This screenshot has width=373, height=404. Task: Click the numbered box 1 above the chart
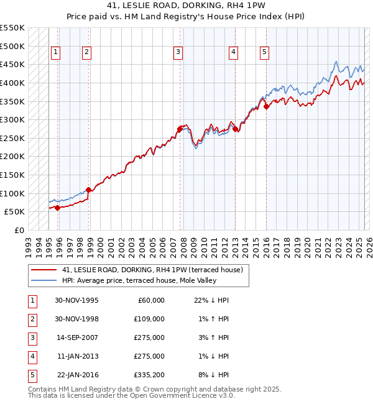pos(56,53)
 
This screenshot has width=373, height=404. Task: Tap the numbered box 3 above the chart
pos(178,53)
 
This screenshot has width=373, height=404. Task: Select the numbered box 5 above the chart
pos(264,53)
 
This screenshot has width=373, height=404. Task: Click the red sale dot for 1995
pos(58,208)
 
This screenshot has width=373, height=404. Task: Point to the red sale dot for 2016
pos(266,106)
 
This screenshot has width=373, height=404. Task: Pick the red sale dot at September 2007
pos(180,129)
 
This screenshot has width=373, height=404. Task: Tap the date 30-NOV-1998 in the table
pos(76,319)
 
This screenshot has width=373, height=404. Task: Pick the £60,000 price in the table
pos(150,300)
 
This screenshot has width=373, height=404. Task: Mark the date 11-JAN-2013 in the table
pos(77,356)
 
